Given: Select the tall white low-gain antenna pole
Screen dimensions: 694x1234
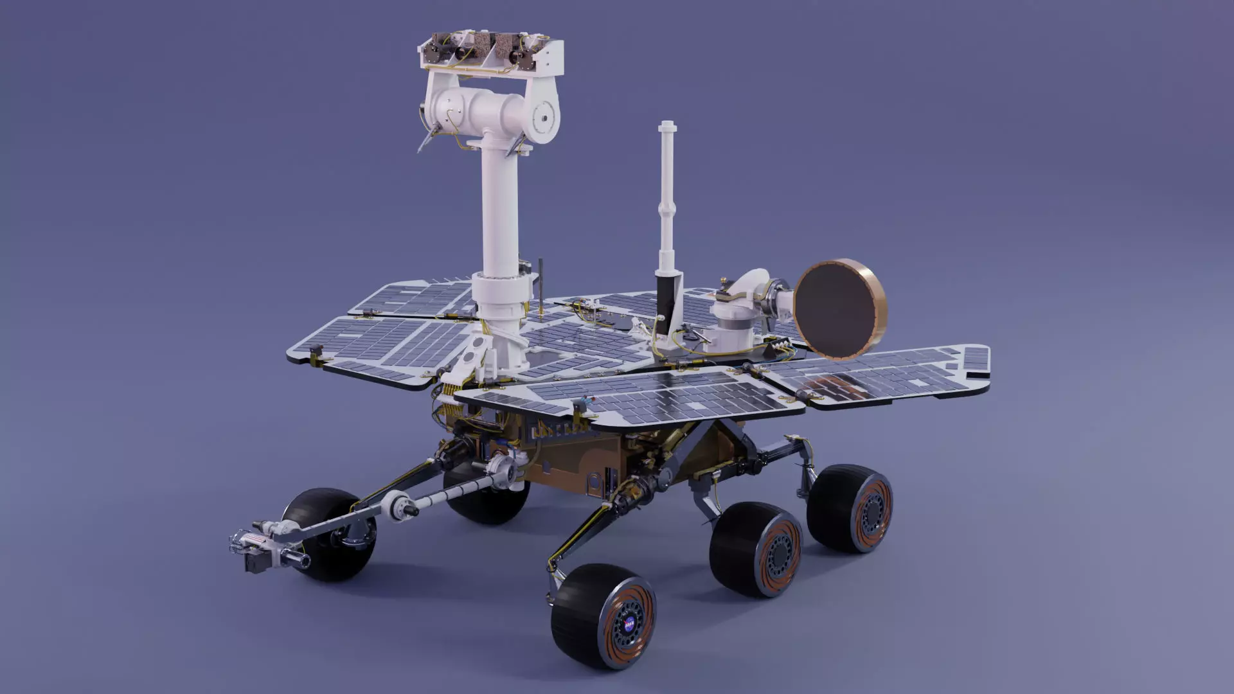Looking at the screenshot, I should click(666, 193).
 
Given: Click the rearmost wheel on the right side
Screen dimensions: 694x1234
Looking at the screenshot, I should click(850, 508).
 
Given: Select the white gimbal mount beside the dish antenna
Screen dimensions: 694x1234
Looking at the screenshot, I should click(739, 315).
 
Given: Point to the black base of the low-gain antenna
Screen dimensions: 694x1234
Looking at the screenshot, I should click(666, 302).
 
